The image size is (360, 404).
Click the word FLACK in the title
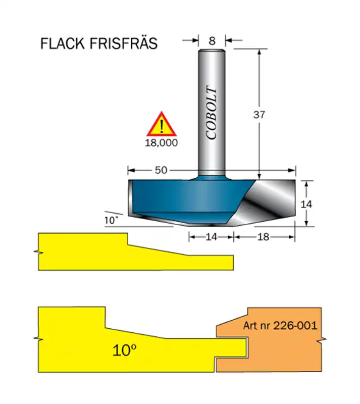pos(63,43)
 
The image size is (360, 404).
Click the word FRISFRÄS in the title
pos(124,43)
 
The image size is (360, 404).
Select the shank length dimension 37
pos(259,114)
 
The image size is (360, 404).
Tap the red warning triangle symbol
pos(161,125)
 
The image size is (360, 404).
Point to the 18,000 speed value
pos(162,143)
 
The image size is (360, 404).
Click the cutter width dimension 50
pos(161,170)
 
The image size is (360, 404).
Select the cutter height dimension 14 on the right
pos(306,204)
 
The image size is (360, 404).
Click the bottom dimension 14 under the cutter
pos(212,236)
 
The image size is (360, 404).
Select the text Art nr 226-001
pos(280,326)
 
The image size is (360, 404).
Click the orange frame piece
pos(283,353)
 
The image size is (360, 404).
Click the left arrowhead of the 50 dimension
pos(130,170)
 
